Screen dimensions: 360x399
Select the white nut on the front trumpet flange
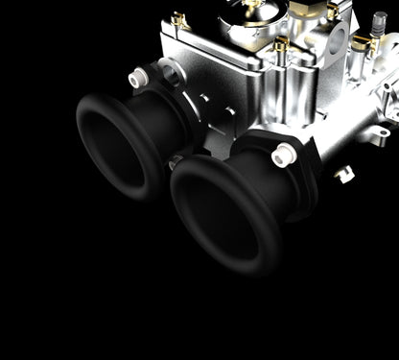coord(283,152)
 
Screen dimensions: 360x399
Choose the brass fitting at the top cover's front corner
coord(280,45)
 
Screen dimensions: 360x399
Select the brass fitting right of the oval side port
coord(360,43)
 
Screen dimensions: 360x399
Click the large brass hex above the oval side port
coord(332,12)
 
